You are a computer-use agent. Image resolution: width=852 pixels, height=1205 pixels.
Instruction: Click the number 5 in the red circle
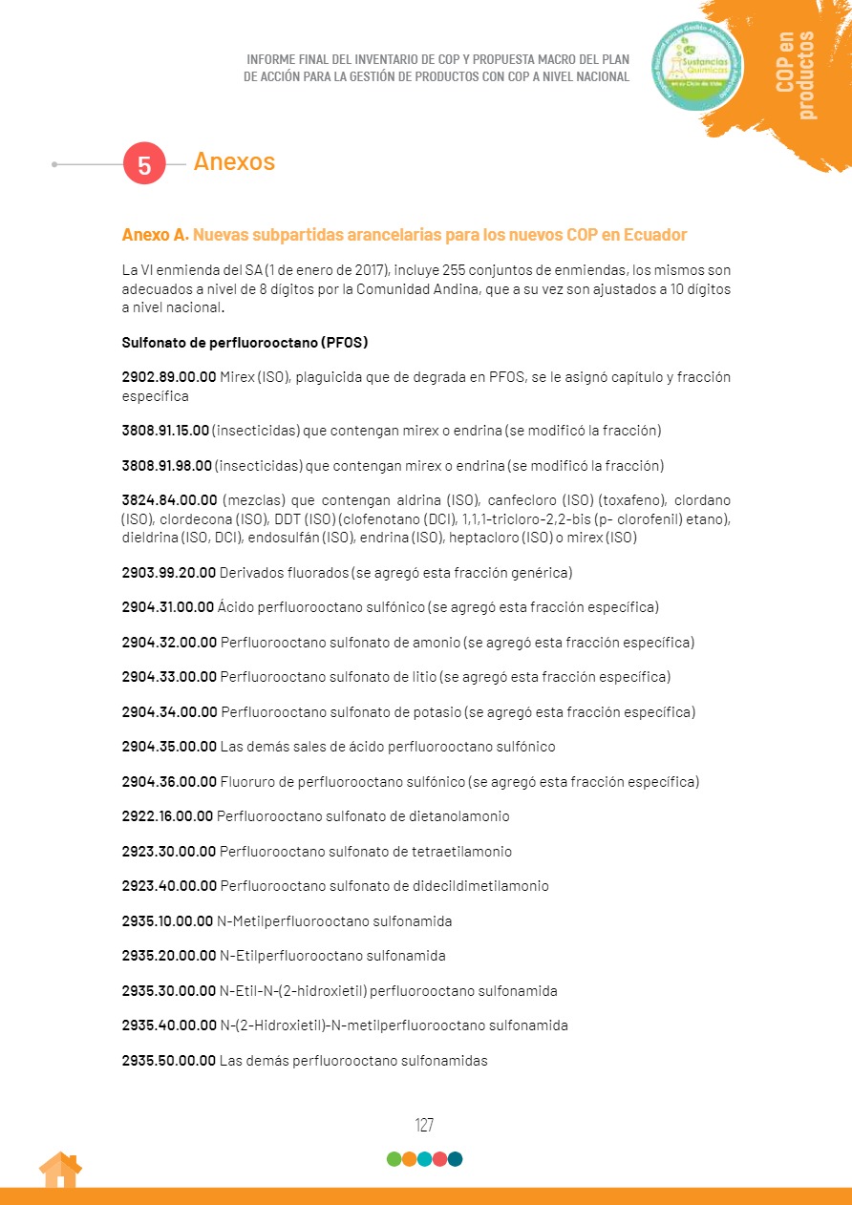tap(144, 164)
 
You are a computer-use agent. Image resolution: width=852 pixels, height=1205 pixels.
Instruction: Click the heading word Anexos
tap(234, 161)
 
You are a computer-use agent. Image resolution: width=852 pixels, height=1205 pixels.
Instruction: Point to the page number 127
tap(425, 1125)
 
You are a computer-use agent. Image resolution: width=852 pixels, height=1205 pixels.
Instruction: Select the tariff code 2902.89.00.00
tap(169, 377)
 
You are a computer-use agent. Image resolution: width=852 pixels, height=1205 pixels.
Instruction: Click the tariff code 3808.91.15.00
tap(165, 431)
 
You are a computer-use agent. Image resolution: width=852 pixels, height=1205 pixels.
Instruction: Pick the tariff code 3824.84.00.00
tap(169, 500)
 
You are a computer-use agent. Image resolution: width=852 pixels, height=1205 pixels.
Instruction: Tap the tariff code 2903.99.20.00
tap(169, 573)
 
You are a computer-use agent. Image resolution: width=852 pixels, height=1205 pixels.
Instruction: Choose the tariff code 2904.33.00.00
tap(169, 677)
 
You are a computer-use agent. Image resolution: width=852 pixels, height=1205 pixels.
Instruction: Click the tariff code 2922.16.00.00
tap(167, 816)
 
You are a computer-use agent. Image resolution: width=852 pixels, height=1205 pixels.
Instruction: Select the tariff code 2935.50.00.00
tap(168, 1061)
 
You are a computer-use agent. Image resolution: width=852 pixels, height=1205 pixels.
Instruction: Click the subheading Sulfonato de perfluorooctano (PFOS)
tap(245, 342)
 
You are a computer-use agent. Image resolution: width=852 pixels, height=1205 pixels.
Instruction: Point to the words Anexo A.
tap(155, 235)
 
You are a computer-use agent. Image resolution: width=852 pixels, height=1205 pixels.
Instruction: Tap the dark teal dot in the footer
tap(456, 1159)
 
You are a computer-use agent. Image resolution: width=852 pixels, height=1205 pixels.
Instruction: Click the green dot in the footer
tap(394, 1159)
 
